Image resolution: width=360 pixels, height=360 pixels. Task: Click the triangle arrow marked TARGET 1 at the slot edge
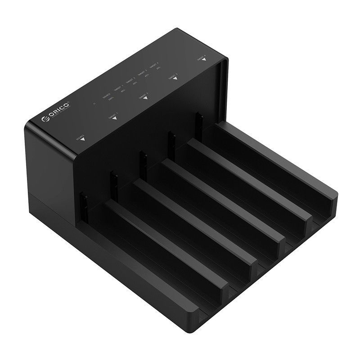(114, 118)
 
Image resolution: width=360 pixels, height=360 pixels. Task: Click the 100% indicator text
(111, 98)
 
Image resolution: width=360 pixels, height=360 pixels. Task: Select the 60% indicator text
(135, 84)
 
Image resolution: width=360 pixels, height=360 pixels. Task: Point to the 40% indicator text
(147, 76)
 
